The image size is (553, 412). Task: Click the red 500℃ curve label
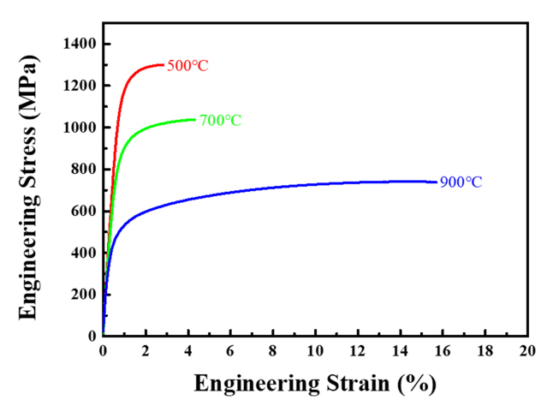point(187,66)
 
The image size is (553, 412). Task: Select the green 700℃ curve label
point(221,121)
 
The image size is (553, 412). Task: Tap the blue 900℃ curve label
point(461,182)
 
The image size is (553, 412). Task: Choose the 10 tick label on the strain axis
point(315,351)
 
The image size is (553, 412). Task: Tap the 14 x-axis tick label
point(400,351)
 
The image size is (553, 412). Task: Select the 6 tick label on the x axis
point(230,351)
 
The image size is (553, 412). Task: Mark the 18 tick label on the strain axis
point(485,351)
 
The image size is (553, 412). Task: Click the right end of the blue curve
point(437,182)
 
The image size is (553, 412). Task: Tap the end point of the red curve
point(163,64)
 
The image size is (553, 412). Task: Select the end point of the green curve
point(195,119)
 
